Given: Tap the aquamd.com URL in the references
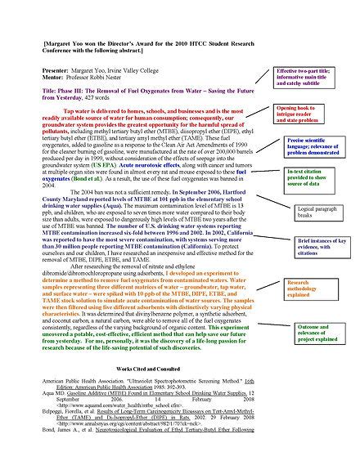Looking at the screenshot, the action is click(115, 405).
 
